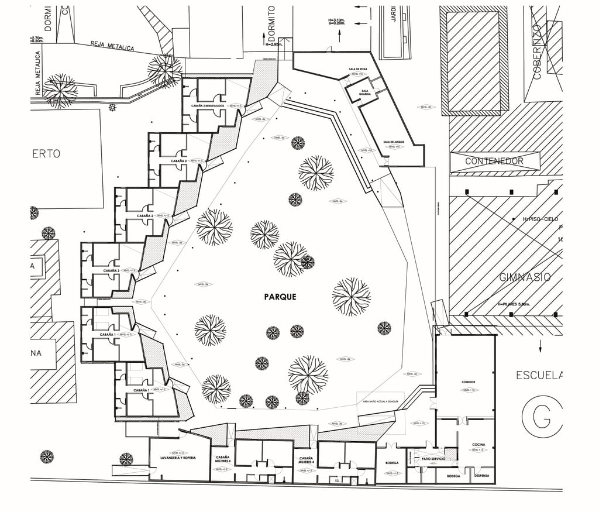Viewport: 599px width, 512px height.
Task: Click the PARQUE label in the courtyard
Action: [280, 297]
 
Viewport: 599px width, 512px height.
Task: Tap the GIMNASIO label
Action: [525, 277]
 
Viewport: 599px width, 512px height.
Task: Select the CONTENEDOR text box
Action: [494, 161]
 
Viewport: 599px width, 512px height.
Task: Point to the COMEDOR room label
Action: [468, 382]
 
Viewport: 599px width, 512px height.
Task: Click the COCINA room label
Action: [478, 445]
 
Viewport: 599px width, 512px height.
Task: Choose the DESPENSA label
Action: [481, 476]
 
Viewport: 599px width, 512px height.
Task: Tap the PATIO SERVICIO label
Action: [433, 459]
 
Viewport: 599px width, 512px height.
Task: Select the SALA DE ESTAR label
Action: [357, 69]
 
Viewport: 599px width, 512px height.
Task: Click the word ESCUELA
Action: [539, 375]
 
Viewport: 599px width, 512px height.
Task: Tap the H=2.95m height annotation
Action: [274, 44]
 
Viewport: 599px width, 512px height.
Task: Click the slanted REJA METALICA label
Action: [112, 46]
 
